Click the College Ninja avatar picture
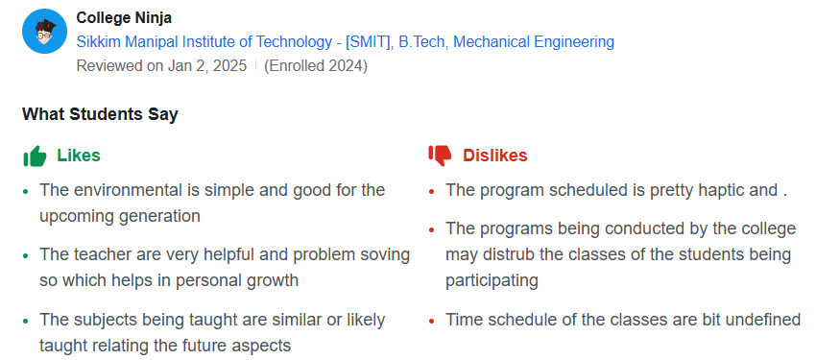(43, 32)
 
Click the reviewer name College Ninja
(124, 18)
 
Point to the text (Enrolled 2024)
(315, 66)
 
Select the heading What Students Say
(100, 114)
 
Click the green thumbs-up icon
(35, 156)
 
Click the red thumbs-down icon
(440, 156)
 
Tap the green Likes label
(79, 156)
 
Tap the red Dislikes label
(494, 156)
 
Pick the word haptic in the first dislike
(709, 190)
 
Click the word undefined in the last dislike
(758, 320)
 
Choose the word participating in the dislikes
(492, 280)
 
